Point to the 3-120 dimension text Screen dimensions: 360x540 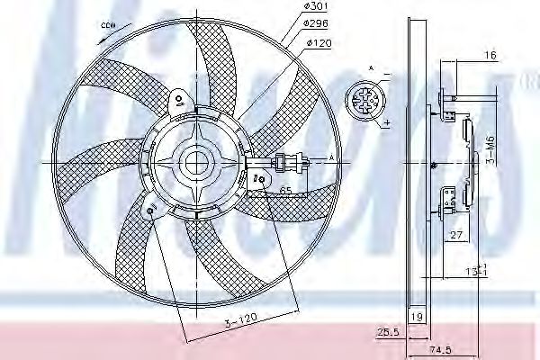[240, 319]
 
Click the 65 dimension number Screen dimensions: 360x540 [285, 192]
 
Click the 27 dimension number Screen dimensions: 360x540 [456, 237]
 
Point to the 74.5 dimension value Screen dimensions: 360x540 [439, 349]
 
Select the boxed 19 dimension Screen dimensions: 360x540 [416, 316]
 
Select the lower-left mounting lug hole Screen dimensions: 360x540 [150, 213]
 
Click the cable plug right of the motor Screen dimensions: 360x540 [290, 163]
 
